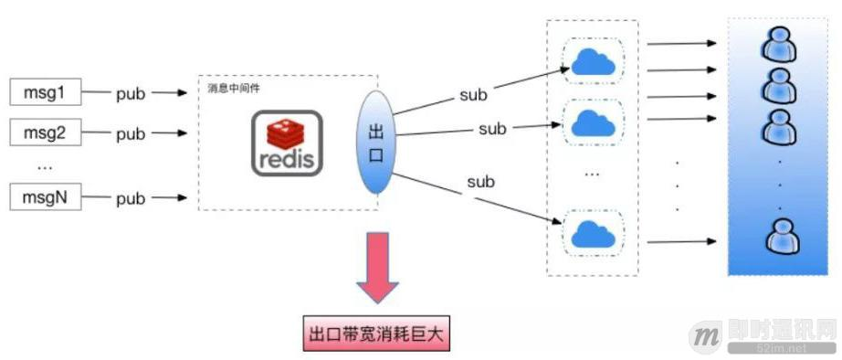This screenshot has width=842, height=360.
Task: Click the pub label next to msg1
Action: pos(131,92)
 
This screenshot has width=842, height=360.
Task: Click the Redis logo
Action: pos(287,143)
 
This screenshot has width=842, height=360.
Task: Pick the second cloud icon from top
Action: pos(594,122)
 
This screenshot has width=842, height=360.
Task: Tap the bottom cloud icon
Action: pos(594,233)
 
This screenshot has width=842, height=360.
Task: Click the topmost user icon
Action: pos(778,43)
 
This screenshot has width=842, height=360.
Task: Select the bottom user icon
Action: pos(781,239)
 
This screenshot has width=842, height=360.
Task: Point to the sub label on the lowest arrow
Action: pos(480,182)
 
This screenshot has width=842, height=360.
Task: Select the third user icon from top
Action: pos(778,126)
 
